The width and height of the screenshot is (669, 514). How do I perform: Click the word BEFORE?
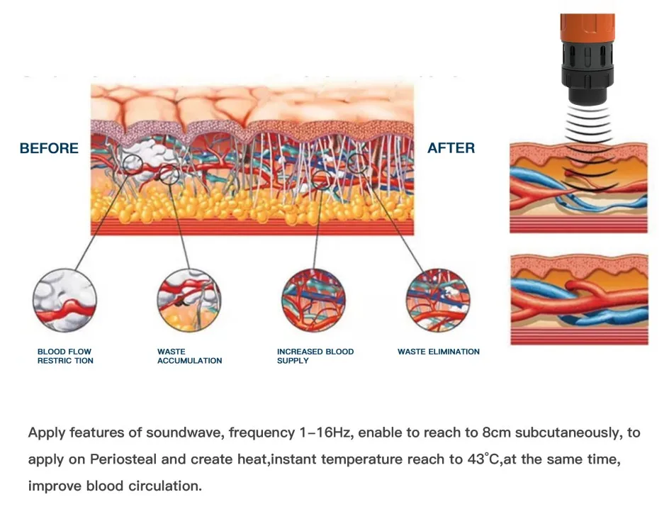point(49,148)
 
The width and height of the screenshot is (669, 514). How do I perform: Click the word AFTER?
point(451,148)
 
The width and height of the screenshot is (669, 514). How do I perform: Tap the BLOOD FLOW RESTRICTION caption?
point(65,356)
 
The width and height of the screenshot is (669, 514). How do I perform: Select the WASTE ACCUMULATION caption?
point(189,356)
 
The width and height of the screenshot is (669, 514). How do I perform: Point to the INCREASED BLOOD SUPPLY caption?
point(315,356)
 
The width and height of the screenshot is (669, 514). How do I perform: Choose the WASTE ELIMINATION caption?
point(438,352)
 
